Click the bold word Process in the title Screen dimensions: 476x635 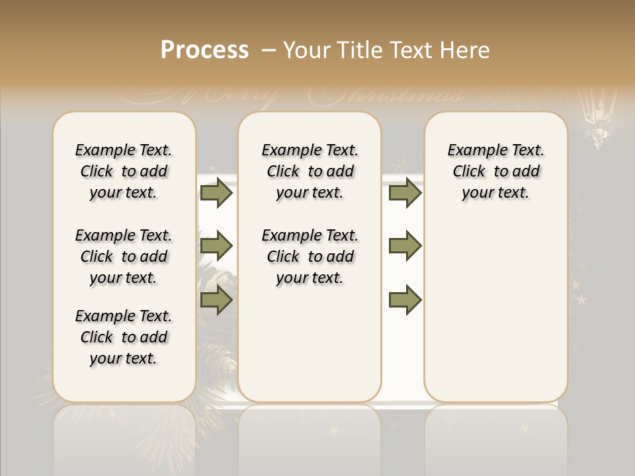[204, 50]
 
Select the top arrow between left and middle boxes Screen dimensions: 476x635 [216, 193]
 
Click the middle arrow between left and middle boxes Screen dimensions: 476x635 [216, 246]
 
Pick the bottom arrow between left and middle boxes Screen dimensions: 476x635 [216, 300]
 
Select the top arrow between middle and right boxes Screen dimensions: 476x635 [405, 193]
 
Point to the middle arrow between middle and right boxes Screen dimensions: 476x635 [405, 246]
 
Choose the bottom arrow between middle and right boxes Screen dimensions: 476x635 [405, 300]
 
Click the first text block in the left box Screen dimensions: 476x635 [124, 171]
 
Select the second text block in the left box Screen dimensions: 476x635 [124, 257]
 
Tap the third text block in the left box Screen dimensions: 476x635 [124, 337]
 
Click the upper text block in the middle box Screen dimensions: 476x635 [310, 171]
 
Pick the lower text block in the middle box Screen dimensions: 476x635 [310, 257]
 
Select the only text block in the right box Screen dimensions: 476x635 [496, 171]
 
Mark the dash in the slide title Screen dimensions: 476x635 [269, 50]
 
